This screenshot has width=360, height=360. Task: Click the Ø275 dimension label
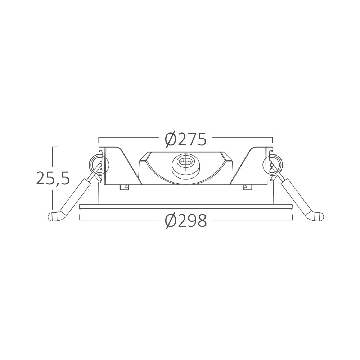coord(185,140)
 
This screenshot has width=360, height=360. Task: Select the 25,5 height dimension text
coord(53,178)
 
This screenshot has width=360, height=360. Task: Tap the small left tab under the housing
coord(124,187)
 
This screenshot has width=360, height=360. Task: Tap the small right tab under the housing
coord(247,187)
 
